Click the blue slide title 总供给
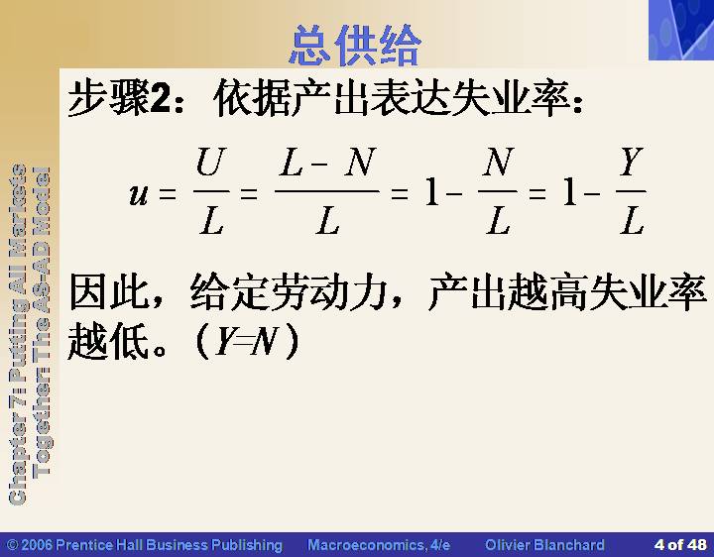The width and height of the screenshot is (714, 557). [x=355, y=46]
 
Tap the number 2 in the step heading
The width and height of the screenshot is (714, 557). [x=159, y=98]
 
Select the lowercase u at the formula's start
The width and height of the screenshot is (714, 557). [x=139, y=194]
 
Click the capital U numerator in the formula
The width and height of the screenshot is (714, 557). [x=211, y=162]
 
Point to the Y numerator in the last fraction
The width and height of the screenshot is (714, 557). [x=632, y=162]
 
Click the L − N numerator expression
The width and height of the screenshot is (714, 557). [x=328, y=162]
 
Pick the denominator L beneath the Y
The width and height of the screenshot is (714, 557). [x=632, y=221]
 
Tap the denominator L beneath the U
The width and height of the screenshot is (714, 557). [x=211, y=221]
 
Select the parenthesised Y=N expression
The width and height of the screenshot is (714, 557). [x=248, y=341]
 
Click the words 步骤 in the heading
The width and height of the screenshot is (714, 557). [x=108, y=98]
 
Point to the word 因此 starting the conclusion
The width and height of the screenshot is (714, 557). [x=108, y=291]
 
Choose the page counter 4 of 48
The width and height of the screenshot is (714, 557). [x=680, y=545]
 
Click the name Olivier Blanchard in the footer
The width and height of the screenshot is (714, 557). [x=544, y=545]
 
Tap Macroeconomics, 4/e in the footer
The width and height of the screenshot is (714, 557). [x=379, y=545]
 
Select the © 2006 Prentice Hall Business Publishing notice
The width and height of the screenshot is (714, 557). [x=145, y=545]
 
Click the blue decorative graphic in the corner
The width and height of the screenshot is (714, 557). [x=681, y=30]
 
